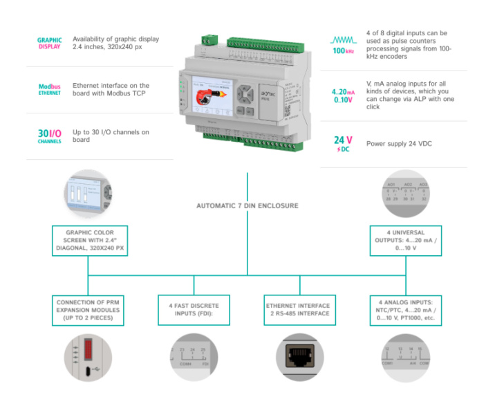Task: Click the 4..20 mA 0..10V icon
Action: (344, 95)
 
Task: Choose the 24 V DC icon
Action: (344, 143)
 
